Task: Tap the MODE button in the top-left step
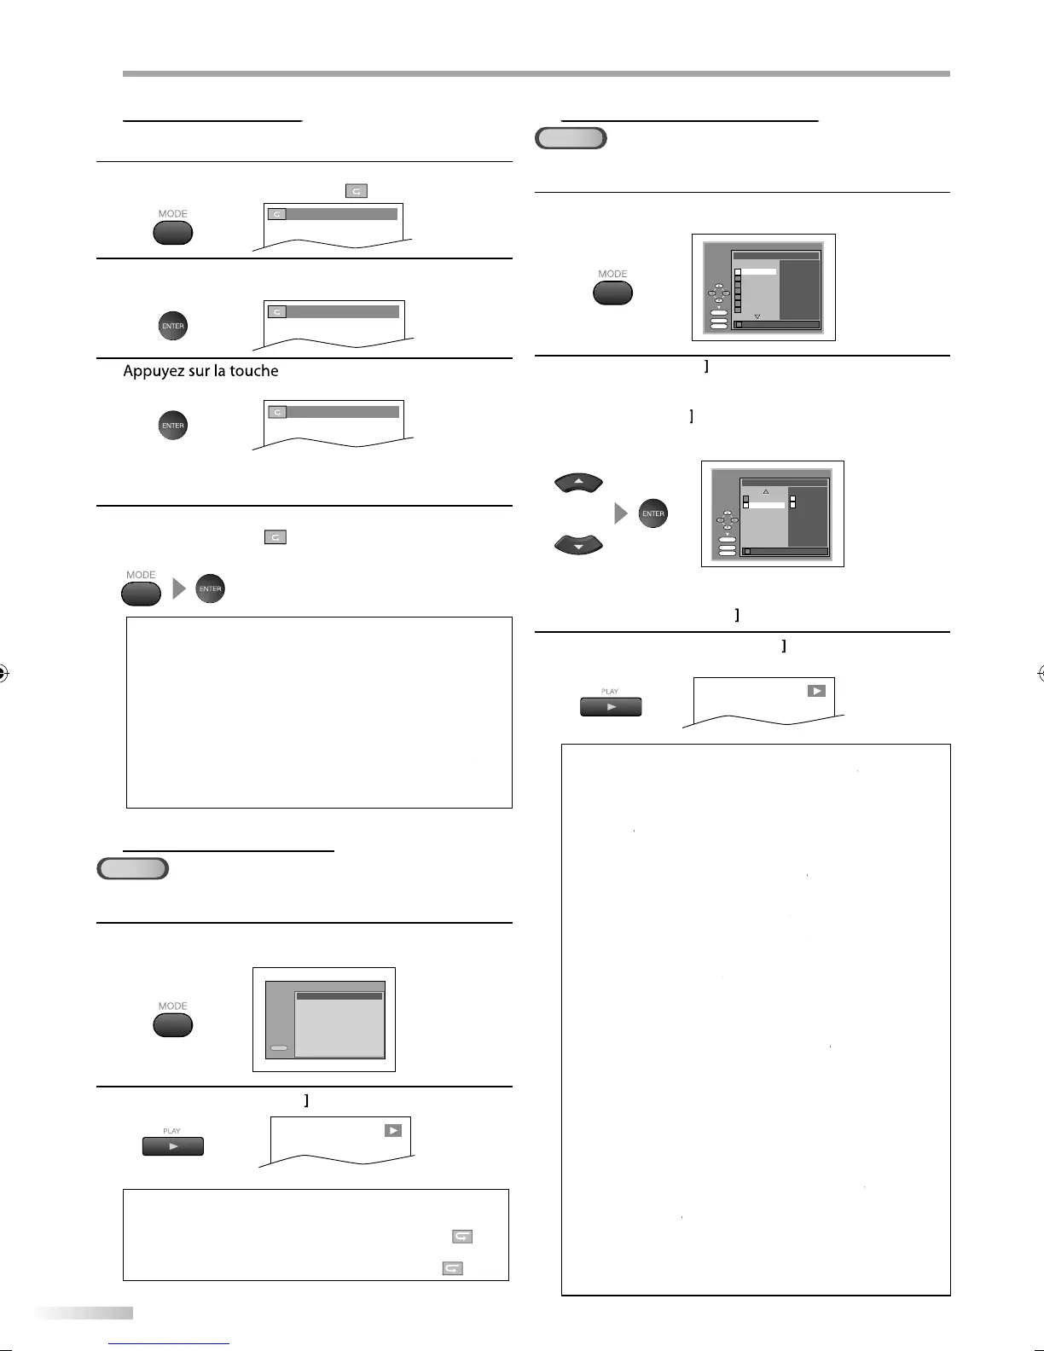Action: pyautogui.click(x=172, y=232)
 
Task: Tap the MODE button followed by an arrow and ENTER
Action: pyautogui.click(x=141, y=593)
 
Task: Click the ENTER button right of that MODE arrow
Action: pyautogui.click(x=210, y=589)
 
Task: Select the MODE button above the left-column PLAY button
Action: pyautogui.click(x=172, y=1024)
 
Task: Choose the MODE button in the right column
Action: pyautogui.click(x=612, y=293)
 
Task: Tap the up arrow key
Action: pyautogui.click(x=578, y=484)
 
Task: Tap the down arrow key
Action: pyautogui.click(x=578, y=543)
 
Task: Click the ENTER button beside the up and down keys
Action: pyautogui.click(x=652, y=513)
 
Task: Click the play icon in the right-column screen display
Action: pyautogui.click(x=816, y=691)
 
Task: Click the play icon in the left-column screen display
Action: pyautogui.click(x=392, y=1130)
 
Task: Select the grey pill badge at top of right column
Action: pyautogui.click(x=571, y=138)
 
